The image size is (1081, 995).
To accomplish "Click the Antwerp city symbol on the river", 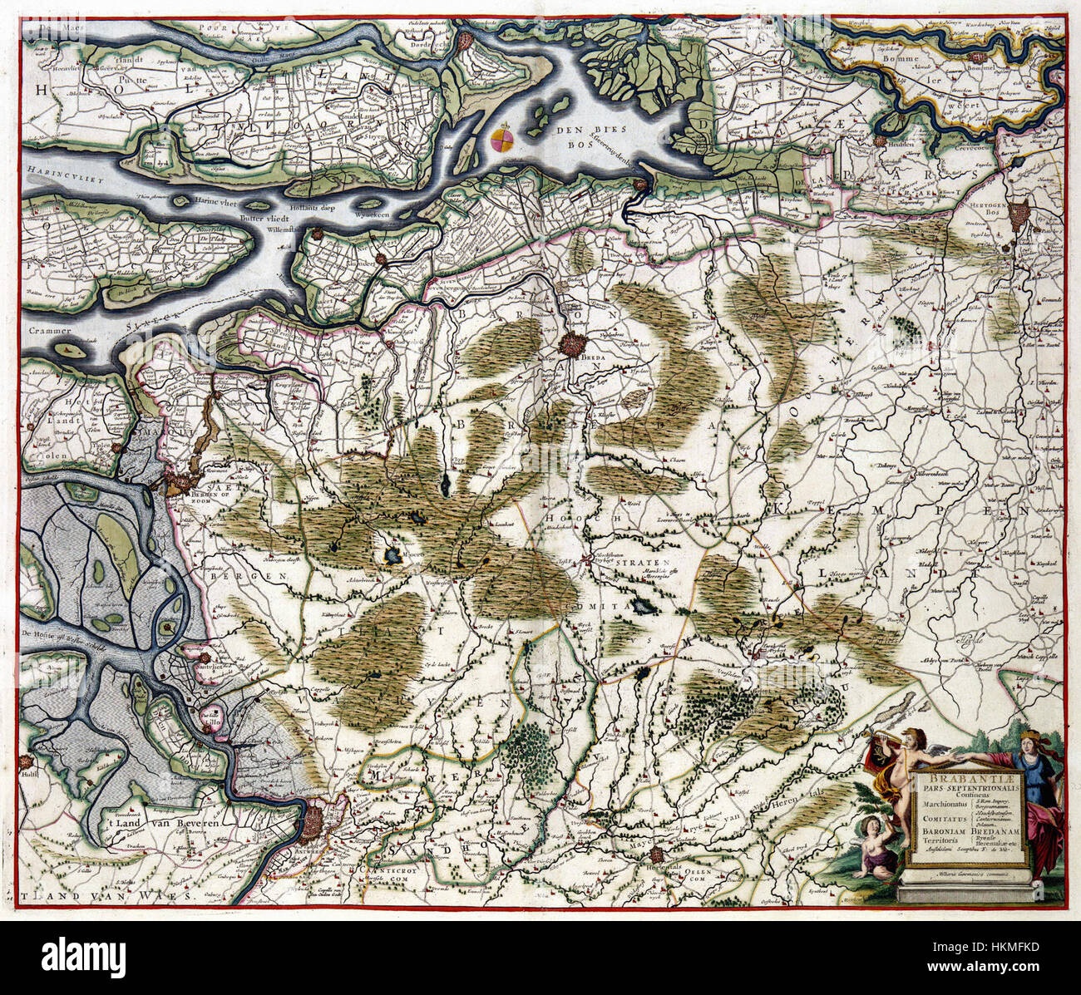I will coord(318,823).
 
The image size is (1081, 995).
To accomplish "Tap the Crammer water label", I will coord(47,331).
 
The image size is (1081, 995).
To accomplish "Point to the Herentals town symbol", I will coord(658,855).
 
